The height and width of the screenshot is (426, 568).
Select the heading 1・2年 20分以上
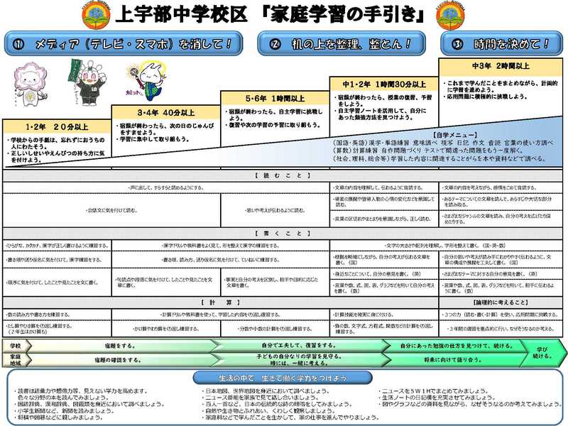[55, 128]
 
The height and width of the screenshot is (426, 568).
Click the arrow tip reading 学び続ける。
[542, 351]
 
